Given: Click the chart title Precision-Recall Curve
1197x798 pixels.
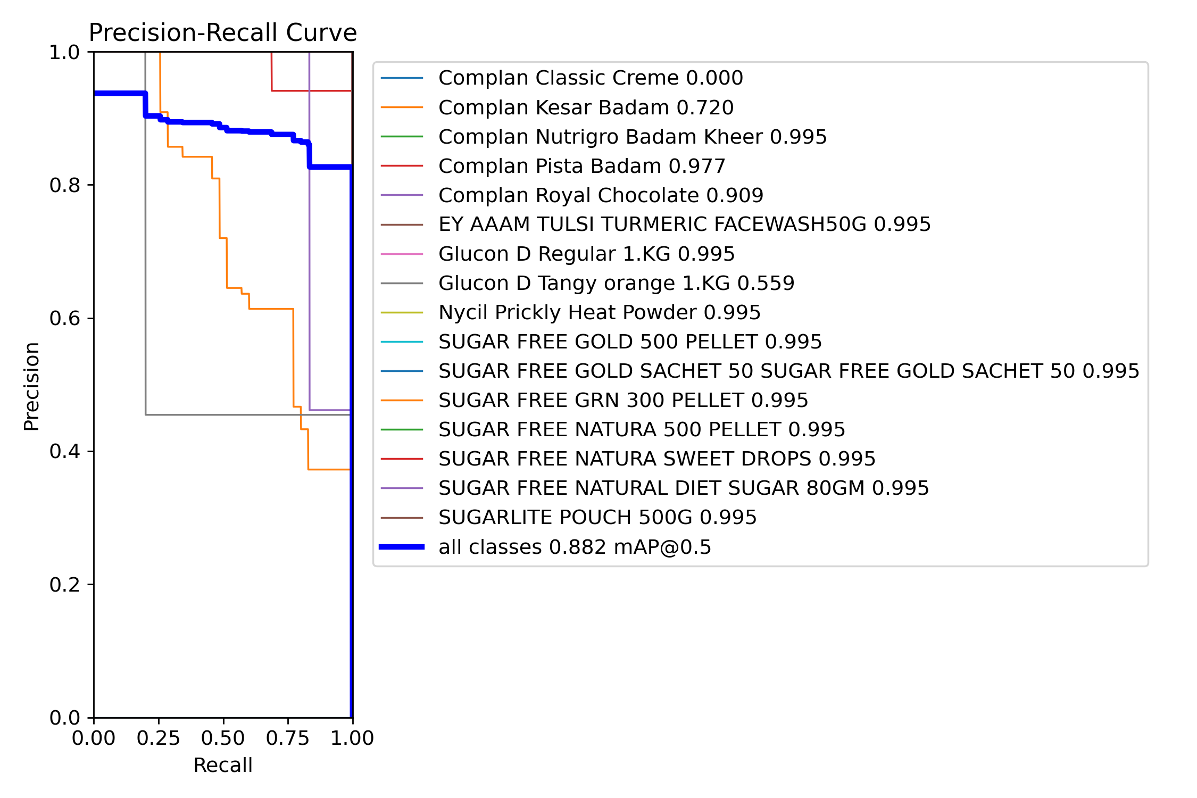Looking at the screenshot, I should [222, 33].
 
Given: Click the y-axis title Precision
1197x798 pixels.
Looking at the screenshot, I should [32, 386].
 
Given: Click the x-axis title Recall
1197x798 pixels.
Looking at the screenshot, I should [222, 765].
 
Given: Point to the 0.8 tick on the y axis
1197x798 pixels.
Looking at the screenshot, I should [64, 185].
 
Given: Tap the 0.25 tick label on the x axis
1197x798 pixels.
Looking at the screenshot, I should [158, 738].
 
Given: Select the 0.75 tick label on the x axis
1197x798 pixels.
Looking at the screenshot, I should [287, 738].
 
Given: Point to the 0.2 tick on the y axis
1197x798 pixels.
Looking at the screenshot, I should [64, 585].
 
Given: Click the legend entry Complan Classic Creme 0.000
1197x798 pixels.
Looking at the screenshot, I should [590, 78].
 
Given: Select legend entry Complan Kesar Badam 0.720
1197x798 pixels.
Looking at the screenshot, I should [586, 107].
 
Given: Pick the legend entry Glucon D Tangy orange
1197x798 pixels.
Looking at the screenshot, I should [616, 283].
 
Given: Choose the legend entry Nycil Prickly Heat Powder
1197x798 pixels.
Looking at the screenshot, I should [599, 312].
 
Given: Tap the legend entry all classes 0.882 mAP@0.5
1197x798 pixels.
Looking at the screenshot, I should [575, 547].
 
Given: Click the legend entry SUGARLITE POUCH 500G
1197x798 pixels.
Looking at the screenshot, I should [597, 517].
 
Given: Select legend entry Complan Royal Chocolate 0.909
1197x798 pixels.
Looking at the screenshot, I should [601, 195].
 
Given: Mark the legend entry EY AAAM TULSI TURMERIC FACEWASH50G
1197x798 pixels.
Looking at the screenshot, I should [684, 225].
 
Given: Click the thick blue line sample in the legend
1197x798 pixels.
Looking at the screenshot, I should [402, 547].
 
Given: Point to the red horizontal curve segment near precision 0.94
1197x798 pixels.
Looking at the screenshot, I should [311, 91].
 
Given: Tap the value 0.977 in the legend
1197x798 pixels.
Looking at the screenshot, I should [697, 166].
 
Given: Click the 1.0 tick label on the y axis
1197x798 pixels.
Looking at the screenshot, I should [64, 52].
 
